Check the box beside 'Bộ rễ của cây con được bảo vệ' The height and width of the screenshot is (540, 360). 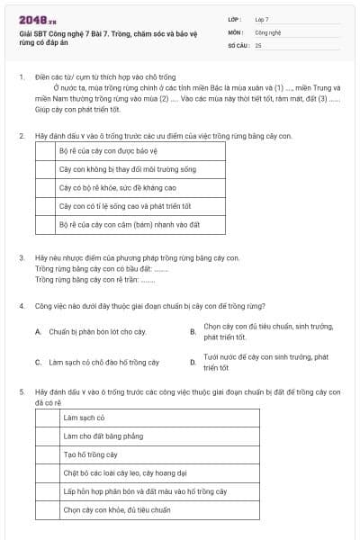(x=44, y=150)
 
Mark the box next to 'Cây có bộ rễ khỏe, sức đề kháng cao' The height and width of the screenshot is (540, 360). (x=44, y=187)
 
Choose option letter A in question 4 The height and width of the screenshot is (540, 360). (x=38, y=332)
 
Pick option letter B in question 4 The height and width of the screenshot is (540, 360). (x=193, y=332)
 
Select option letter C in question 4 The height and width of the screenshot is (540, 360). (x=38, y=363)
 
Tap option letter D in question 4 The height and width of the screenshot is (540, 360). (x=193, y=363)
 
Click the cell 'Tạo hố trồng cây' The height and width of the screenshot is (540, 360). (x=90, y=455)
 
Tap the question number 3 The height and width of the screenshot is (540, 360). (x=22, y=258)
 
